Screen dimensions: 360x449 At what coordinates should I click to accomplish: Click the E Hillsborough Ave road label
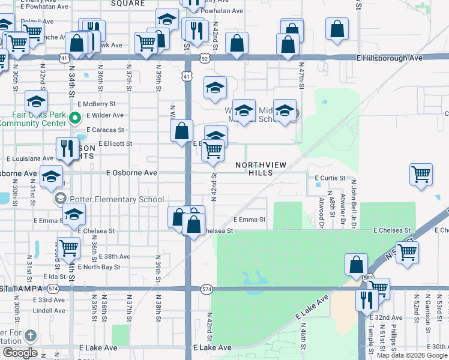click(391, 58)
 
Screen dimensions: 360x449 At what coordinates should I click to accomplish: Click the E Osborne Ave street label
click(131, 173)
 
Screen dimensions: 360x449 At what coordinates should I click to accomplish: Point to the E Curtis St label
click(330, 178)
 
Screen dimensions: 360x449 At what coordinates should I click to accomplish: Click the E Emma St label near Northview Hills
click(249, 220)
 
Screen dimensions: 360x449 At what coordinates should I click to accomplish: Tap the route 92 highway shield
click(205, 58)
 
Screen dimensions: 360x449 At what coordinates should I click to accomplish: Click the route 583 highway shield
click(367, 278)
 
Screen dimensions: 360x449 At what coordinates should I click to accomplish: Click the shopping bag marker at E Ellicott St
click(181, 131)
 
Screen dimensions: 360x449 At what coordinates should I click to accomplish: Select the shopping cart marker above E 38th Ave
click(68, 247)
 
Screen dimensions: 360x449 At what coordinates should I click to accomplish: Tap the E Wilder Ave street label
click(105, 115)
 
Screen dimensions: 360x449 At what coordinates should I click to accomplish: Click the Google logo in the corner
click(20, 353)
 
